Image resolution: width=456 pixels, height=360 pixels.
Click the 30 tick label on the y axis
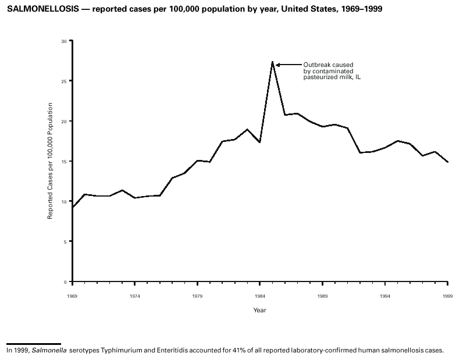coord(64,41)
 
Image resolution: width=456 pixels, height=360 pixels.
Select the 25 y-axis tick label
coord(64,81)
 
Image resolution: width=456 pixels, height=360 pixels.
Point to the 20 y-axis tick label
coord(64,121)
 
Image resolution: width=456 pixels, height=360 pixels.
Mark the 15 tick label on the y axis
coord(64,161)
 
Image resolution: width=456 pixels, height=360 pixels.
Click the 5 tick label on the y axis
coord(65,241)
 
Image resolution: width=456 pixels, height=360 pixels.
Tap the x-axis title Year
coord(259,310)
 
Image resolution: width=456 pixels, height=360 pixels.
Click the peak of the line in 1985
coord(272,61)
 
